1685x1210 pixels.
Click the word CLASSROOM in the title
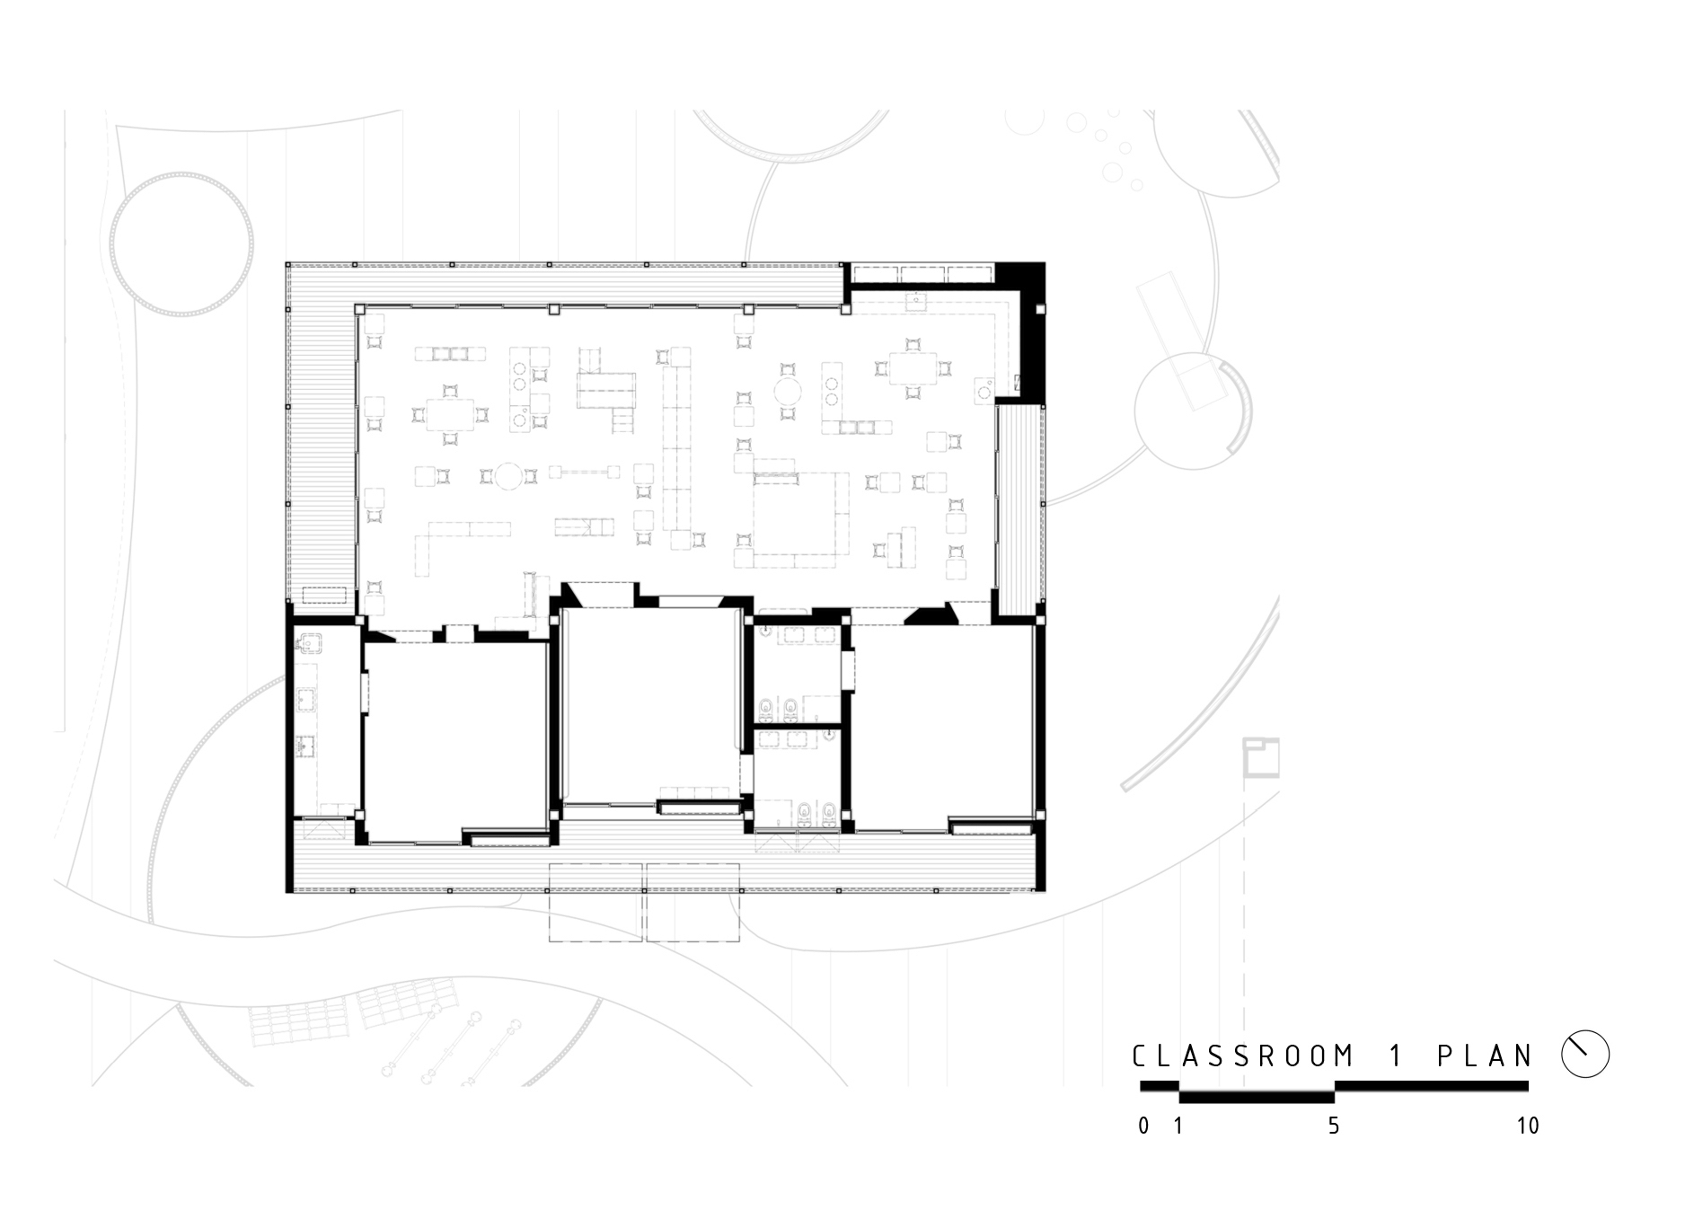tap(1243, 1055)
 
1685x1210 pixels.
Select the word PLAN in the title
tap(1485, 1055)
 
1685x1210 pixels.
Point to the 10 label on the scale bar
tap(1527, 1126)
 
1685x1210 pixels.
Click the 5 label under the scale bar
tap(1334, 1126)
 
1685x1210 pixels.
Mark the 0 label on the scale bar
tap(1143, 1126)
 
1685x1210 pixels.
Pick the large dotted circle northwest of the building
tap(181, 244)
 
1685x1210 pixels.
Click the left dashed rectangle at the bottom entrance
tap(596, 902)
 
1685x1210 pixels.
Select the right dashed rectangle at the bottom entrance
tap(693, 902)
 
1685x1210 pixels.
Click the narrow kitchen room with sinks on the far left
tap(325, 719)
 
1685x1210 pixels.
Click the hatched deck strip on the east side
tap(1019, 508)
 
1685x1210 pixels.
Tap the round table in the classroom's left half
tap(507, 475)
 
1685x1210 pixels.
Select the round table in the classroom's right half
tap(789, 393)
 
